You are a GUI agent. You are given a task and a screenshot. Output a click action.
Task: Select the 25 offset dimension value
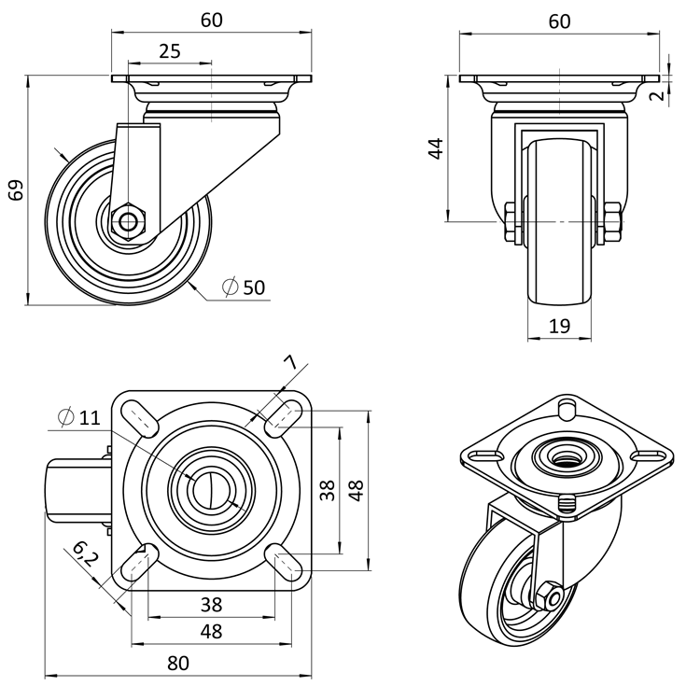pyautogui.click(x=169, y=51)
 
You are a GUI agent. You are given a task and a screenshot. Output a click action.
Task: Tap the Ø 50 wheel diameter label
pyautogui.click(x=245, y=287)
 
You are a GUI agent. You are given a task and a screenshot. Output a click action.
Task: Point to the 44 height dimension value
pyautogui.click(x=436, y=147)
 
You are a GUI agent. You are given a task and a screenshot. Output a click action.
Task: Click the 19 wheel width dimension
pyautogui.click(x=559, y=326)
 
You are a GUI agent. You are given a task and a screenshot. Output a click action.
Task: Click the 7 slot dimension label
pyautogui.click(x=289, y=362)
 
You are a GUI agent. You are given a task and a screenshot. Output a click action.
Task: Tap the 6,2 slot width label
pyautogui.click(x=84, y=557)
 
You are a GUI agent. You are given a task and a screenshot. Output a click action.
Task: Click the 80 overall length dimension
pyautogui.click(x=178, y=664)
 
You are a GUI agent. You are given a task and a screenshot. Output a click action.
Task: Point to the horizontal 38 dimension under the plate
pyautogui.click(x=211, y=605)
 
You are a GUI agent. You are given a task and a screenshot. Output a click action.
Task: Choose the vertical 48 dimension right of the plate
pyautogui.click(x=356, y=489)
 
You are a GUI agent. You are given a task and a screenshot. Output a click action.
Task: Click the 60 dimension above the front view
pyautogui.click(x=559, y=21)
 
